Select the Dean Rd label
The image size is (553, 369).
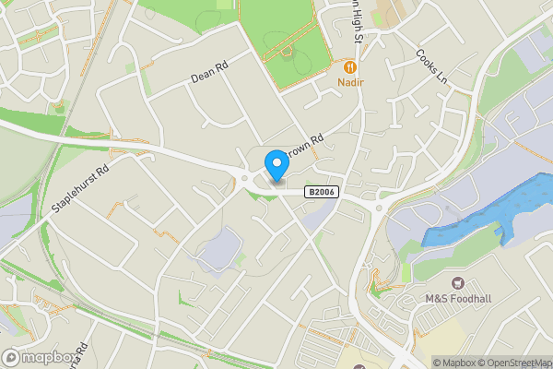click(x=208, y=72)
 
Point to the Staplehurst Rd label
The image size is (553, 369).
click(x=81, y=188)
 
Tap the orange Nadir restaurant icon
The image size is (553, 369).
click(x=350, y=66)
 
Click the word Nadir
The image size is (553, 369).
click(x=350, y=83)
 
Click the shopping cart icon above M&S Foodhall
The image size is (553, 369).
click(x=456, y=281)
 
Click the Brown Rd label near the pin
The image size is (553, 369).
click(x=306, y=146)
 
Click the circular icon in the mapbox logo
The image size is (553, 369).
click(x=12, y=357)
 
